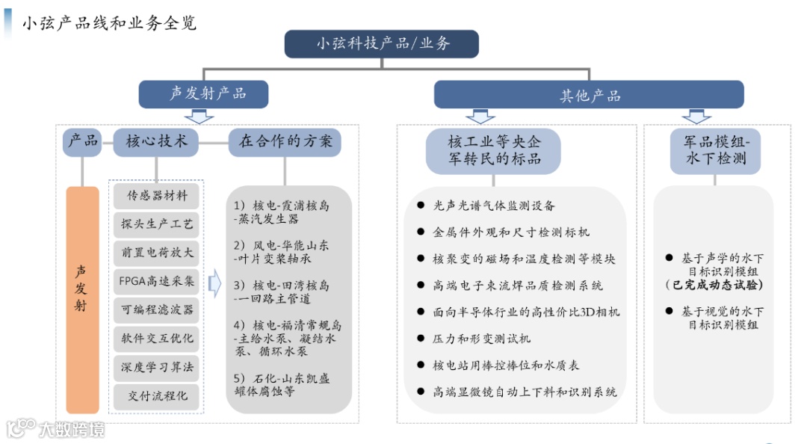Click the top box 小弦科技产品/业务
tap(382, 44)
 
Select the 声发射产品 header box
tap(203, 94)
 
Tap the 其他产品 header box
tap(590, 95)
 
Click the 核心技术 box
tap(156, 141)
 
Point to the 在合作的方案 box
tap(285, 141)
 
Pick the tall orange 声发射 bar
tap(82, 300)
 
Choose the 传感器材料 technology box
tap(157, 196)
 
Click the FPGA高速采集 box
tap(157, 281)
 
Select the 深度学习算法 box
tap(157, 367)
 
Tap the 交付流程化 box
tap(157, 395)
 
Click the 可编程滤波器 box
tap(157, 309)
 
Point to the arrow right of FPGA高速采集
tap(214, 285)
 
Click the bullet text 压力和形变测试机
tap(482, 338)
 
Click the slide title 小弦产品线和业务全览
tap(108, 23)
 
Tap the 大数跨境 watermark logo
tap(55, 428)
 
